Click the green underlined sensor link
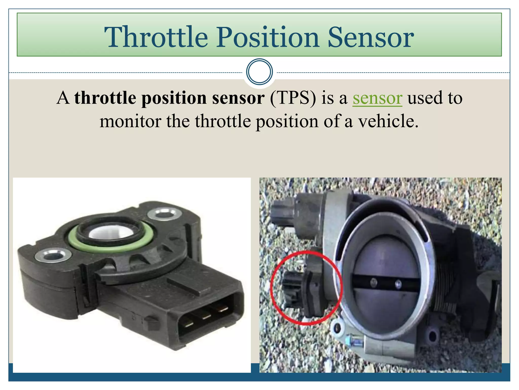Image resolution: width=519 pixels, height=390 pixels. pyautogui.click(x=377, y=98)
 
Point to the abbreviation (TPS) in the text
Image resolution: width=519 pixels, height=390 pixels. pyautogui.click(x=293, y=98)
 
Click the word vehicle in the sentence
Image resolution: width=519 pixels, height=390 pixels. pyautogui.click(x=388, y=121)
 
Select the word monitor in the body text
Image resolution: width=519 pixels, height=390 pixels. pyautogui.click(x=131, y=121)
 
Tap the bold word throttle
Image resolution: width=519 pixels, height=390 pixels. pyautogui.click(x=105, y=98)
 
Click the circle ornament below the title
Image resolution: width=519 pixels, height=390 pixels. pyautogui.click(x=259, y=72)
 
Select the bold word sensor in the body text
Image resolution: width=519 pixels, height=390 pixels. pyautogui.click(x=238, y=98)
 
